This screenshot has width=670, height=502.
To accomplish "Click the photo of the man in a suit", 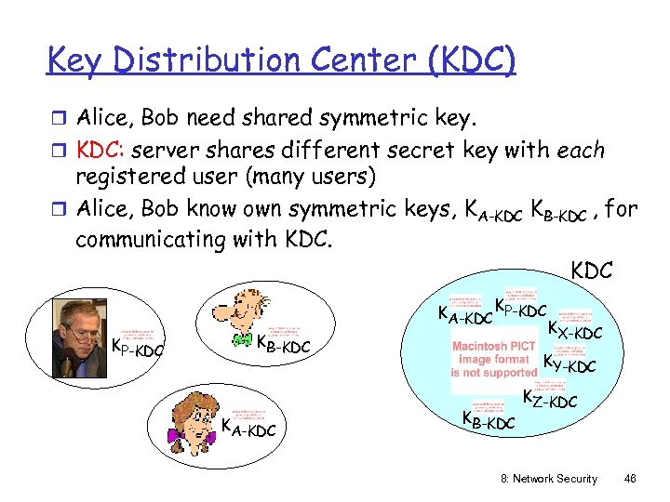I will (78, 337).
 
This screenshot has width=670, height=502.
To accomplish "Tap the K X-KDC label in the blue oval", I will (574, 330).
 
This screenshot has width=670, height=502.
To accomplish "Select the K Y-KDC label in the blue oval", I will (569, 364).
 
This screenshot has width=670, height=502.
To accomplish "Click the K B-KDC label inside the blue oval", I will (488, 420).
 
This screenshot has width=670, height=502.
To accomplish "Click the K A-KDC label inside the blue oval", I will (464, 316).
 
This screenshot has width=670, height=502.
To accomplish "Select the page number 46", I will (630, 478).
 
